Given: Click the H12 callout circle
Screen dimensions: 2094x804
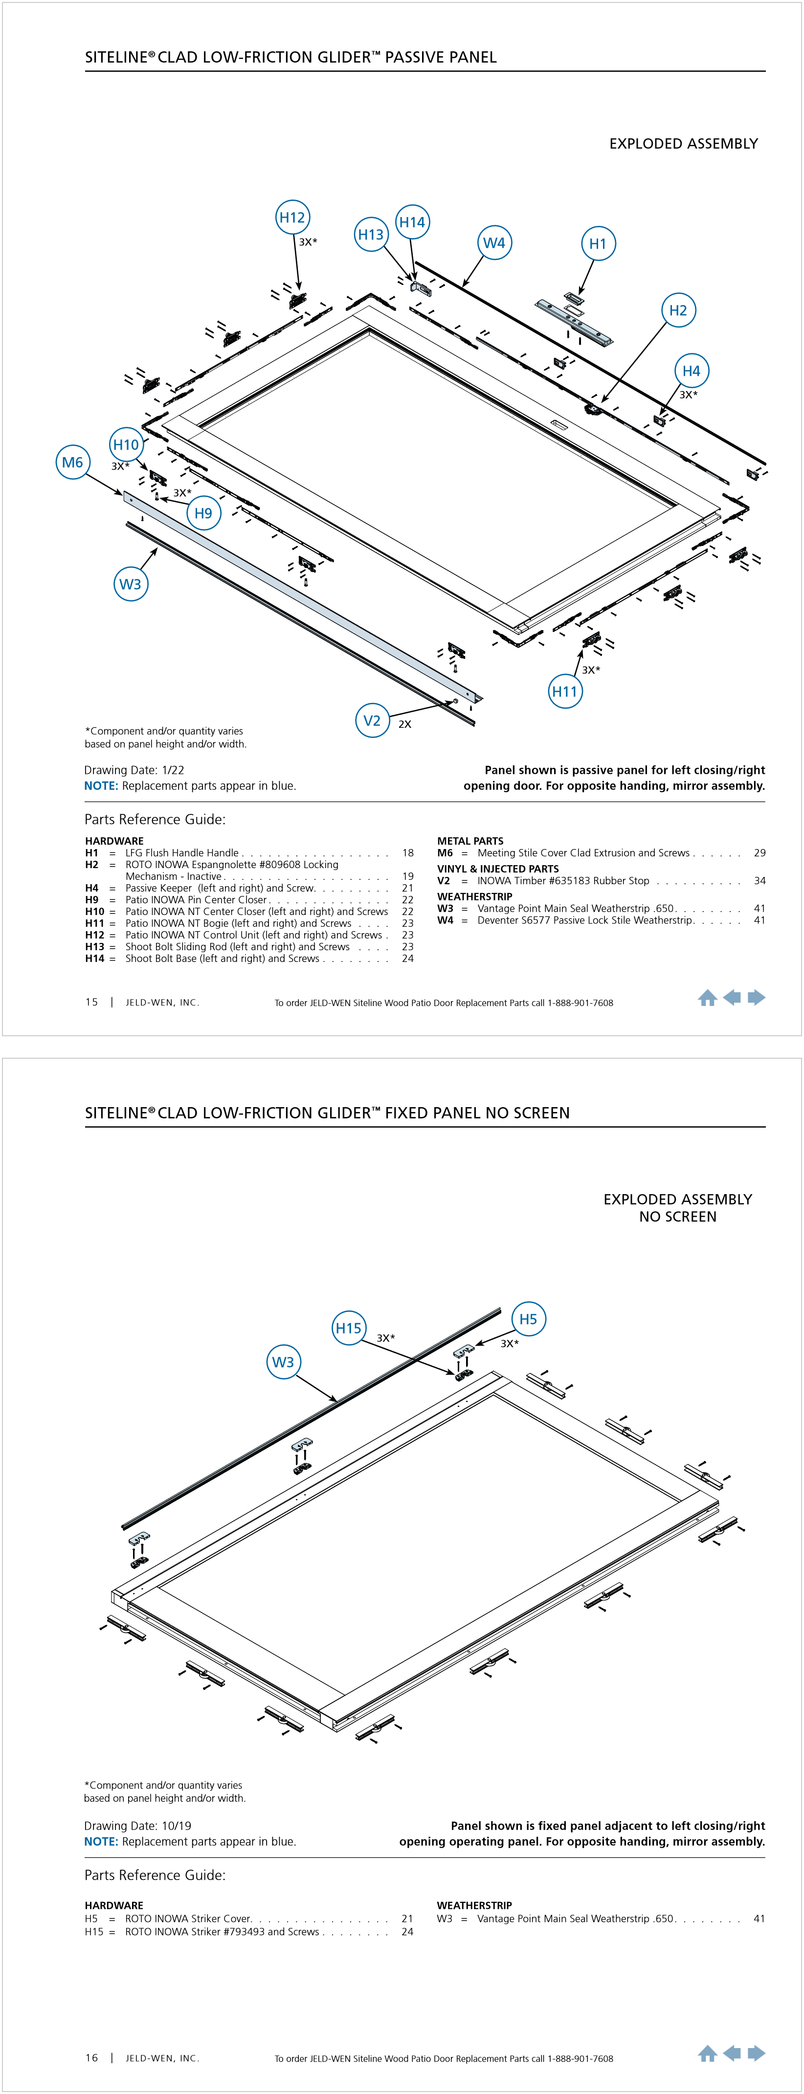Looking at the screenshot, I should click(x=292, y=217).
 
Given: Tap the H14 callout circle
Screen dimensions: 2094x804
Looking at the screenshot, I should click(x=412, y=222).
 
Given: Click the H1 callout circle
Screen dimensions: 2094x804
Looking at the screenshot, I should click(x=598, y=243).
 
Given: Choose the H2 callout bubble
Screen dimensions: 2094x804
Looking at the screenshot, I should click(x=678, y=310).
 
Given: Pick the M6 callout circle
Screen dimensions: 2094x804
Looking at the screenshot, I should click(x=72, y=462).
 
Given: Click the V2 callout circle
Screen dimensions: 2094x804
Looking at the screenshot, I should click(x=372, y=720).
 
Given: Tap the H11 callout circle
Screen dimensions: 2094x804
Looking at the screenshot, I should click(x=564, y=692).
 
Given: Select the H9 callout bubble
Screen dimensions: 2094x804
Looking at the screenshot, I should click(x=203, y=513).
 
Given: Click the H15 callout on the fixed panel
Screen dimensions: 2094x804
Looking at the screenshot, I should click(x=349, y=1328).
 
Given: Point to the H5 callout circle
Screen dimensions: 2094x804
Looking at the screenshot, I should click(x=528, y=1318).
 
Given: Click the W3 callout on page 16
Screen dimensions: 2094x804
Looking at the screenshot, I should click(x=283, y=1362).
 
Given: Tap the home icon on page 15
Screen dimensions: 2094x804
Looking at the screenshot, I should click(x=707, y=998).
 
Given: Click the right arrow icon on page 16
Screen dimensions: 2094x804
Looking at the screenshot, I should click(x=757, y=2053).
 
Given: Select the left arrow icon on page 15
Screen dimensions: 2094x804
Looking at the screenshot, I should click(x=732, y=998).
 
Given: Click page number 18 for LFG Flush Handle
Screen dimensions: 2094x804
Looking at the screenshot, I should click(x=408, y=853).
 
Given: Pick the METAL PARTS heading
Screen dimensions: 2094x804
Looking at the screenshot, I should click(x=470, y=841).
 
